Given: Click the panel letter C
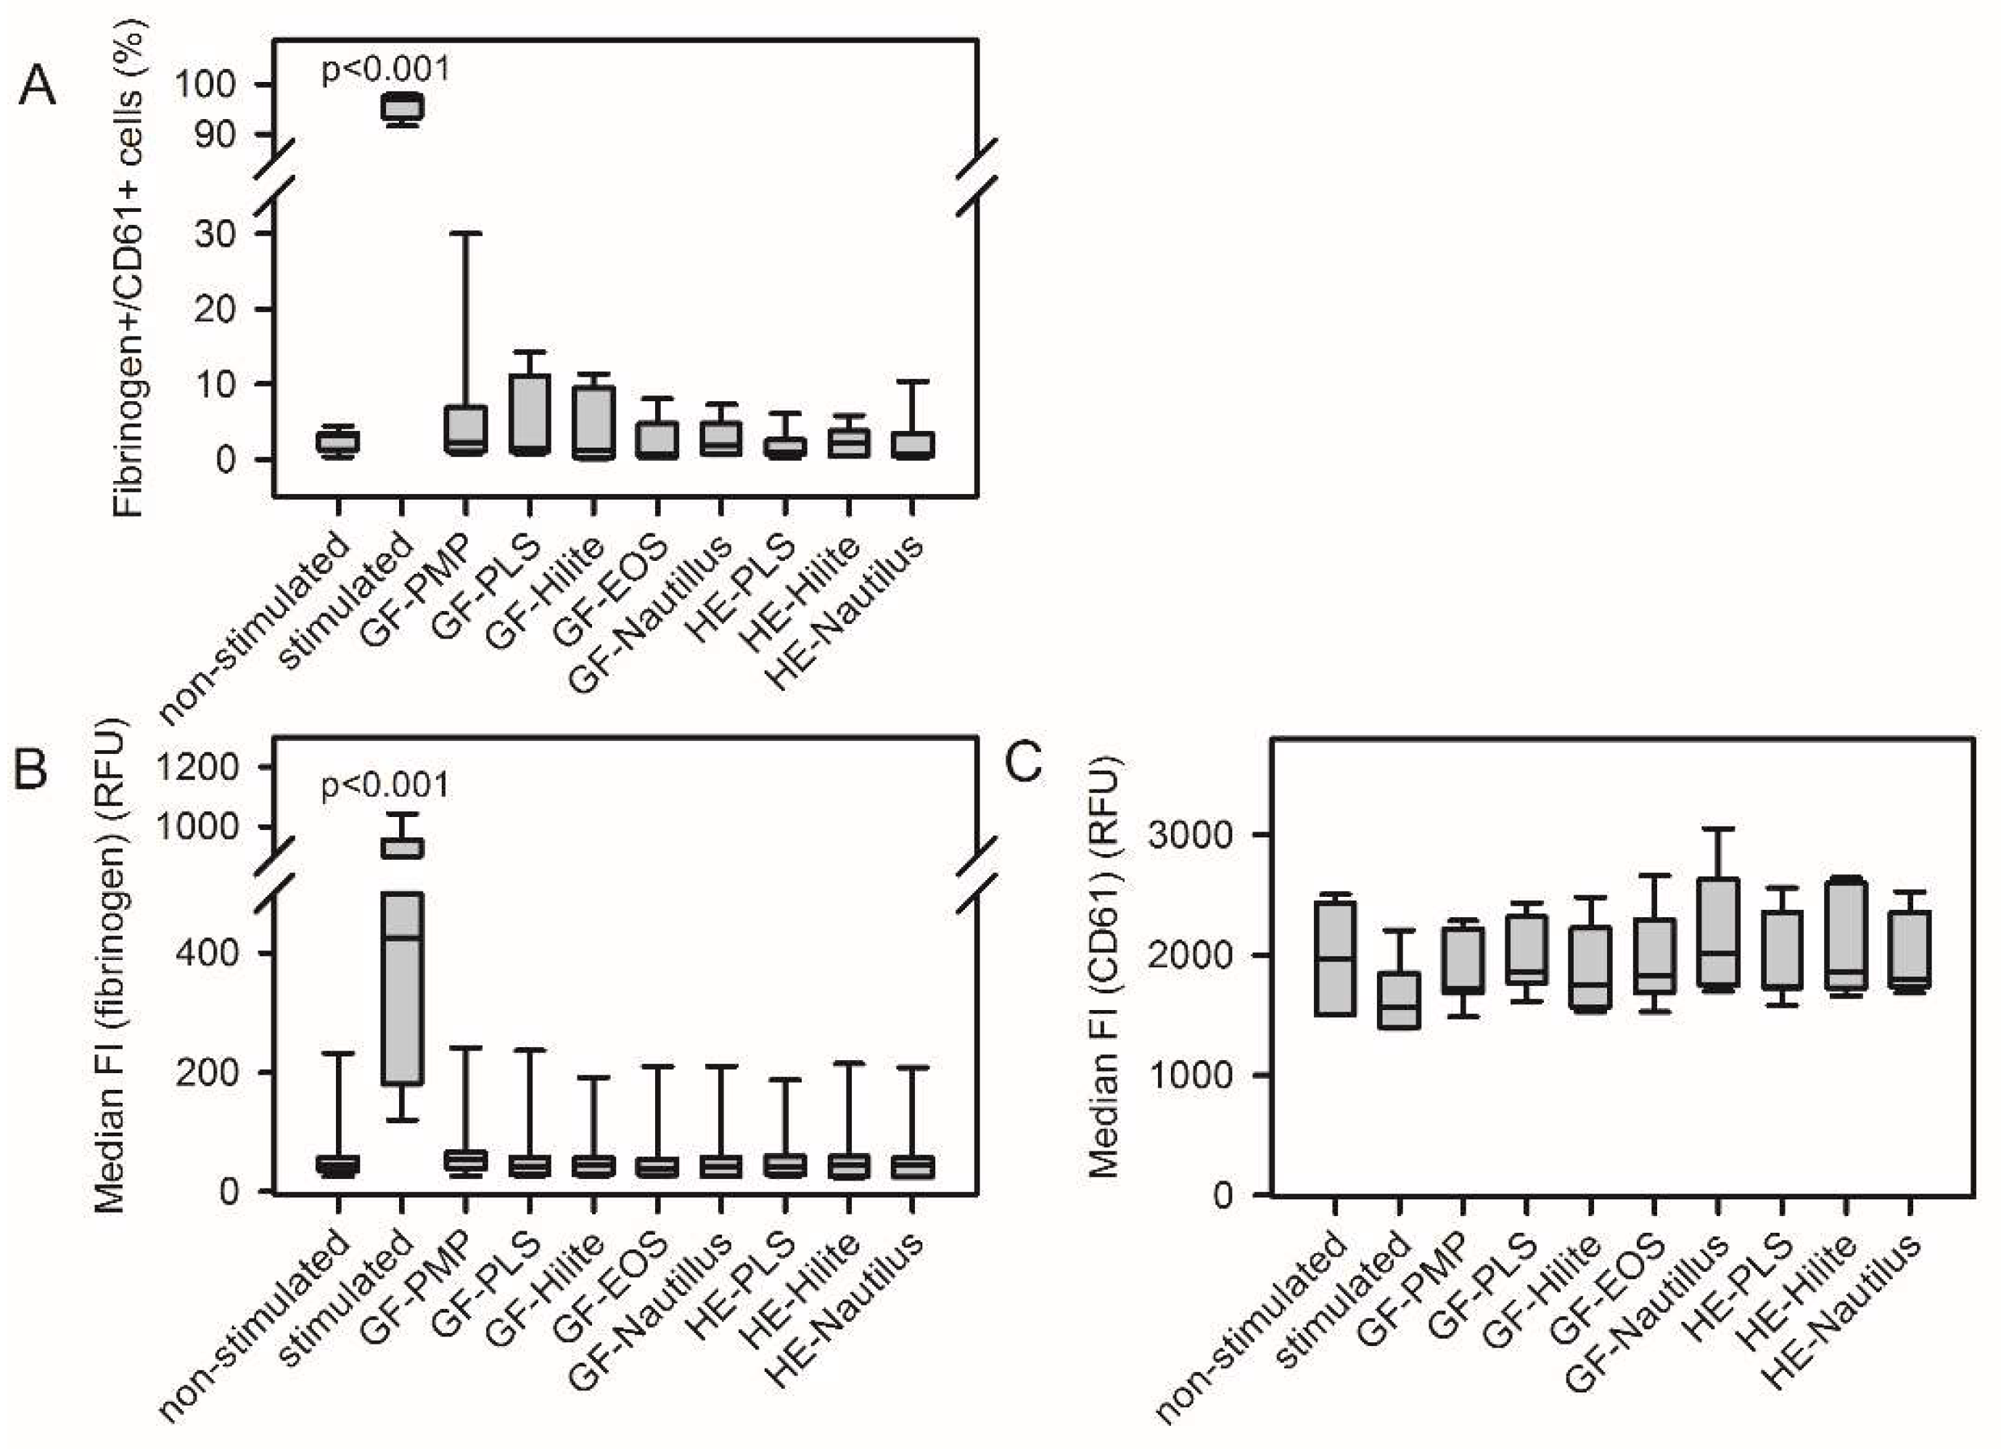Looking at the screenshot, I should tap(1024, 763).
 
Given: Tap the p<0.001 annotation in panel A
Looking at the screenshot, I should tap(385, 69).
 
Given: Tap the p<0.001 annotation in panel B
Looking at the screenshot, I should tap(385, 784).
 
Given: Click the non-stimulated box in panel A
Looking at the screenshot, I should tap(338, 441).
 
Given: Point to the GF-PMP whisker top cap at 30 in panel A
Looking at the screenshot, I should tap(466, 233).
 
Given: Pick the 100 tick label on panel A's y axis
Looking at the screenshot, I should tap(205, 85).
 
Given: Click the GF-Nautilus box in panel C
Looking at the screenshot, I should tap(1718, 932).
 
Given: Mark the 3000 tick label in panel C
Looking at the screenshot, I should tap(1189, 835).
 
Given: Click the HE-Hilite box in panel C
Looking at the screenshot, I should tap(1846, 934).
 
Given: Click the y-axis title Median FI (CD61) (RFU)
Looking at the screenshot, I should tap(1104, 966).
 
